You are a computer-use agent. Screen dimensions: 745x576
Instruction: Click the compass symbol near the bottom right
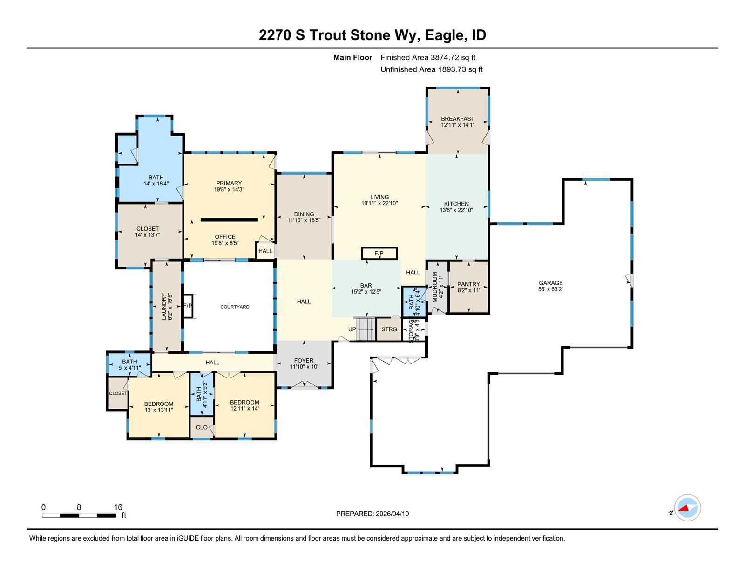point(687,508)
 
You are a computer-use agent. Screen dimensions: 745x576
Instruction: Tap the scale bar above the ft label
point(79,515)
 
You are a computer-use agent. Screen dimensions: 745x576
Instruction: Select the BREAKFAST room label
point(458,119)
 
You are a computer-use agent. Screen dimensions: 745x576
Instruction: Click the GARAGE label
point(551,283)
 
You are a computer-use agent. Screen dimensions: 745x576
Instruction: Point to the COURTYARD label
point(235,307)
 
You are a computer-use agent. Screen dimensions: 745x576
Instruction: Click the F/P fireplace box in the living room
point(379,254)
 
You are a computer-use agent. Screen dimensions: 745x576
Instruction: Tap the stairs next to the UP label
point(366,329)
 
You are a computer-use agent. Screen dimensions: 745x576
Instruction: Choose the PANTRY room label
point(469,284)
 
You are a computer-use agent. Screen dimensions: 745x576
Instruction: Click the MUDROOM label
point(435,287)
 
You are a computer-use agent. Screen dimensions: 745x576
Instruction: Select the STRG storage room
point(389,329)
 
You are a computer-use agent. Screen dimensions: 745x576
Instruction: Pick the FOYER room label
point(304,361)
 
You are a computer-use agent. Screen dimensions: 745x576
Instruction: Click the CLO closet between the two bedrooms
point(202,427)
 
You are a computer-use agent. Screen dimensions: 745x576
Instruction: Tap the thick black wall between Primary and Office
point(230,220)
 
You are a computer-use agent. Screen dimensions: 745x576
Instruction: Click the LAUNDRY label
point(164,306)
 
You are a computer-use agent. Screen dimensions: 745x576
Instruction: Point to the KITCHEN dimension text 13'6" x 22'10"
point(456,210)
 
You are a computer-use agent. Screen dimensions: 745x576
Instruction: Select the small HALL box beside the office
point(265,251)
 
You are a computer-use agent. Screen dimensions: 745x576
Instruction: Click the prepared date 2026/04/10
point(392,514)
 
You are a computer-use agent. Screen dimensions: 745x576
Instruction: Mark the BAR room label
point(366,285)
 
